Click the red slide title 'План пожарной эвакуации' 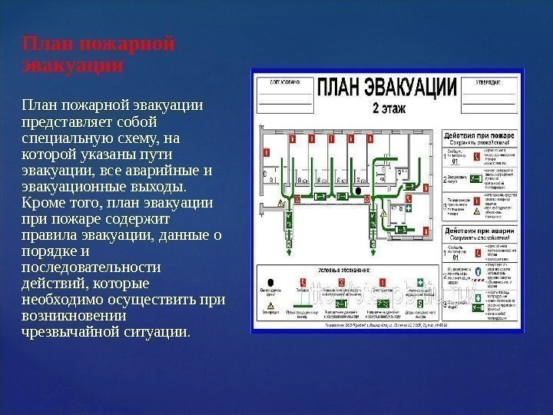98,53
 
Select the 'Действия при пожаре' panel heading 479,134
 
